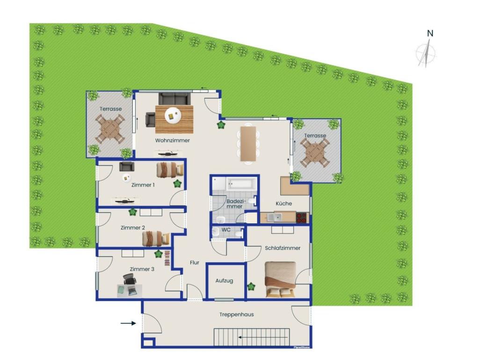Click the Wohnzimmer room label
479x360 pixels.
point(172,140)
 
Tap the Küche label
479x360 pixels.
point(283,204)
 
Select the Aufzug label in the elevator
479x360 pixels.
point(224,280)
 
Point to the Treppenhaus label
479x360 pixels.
point(236,315)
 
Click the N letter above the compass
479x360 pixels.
point(430,33)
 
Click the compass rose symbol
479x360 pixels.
point(426,54)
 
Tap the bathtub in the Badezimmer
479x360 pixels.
point(241,184)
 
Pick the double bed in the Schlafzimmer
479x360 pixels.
point(281,279)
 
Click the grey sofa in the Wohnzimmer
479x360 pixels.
point(174,99)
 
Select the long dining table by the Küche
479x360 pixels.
point(248,144)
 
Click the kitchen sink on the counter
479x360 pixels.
point(274,218)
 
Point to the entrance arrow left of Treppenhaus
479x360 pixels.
point(128,323)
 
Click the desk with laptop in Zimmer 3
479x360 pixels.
point(130,291)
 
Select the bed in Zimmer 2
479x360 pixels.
point(156,238)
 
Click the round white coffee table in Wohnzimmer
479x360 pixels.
point(173,116)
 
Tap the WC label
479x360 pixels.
point(226,230)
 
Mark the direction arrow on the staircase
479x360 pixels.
point(263,338)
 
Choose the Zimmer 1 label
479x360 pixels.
point(143,185)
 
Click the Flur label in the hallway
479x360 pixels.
point(195,263)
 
